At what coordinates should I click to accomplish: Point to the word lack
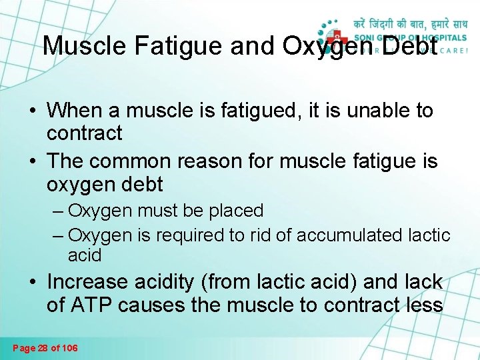(422, 282)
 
